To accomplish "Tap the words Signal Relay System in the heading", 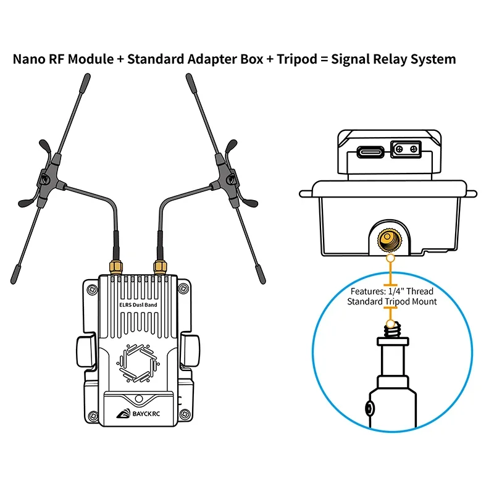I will click(x=393, y=60).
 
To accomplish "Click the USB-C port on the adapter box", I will click(x=369, y=150).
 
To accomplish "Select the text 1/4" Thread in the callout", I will click(x=411, y=291).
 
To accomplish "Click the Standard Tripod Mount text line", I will click(x=391, y=302).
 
